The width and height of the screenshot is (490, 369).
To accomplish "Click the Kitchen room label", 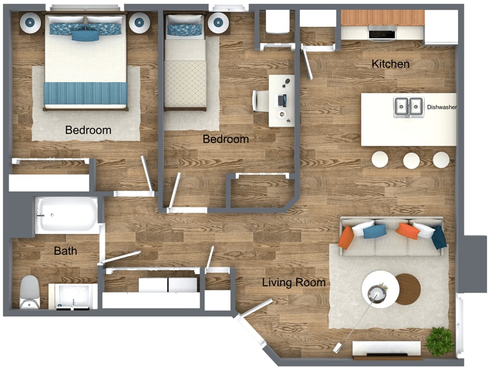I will [x=390, y=64].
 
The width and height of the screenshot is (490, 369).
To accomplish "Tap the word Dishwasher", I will [x=442, y=107].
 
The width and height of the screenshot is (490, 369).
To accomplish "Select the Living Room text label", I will [x=293, y=282].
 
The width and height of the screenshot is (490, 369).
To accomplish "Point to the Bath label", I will [x=66, y=251].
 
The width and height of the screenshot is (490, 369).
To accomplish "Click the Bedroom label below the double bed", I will [x=88, y=130].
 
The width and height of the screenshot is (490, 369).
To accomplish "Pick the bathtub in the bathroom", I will [x=67, y=215].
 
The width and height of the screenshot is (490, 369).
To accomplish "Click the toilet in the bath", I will [x=30, y=292].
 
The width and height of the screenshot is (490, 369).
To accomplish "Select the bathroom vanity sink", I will [x=72, y=296].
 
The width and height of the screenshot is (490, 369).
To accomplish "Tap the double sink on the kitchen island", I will [x=409, y=107].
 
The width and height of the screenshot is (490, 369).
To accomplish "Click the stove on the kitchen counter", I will [x=382, y=33].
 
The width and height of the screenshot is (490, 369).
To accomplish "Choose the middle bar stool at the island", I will [x=411, y=160].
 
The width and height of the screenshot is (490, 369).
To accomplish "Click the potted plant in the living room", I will [x=440, y=340].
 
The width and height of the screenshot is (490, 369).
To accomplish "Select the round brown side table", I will [x=407, y=289].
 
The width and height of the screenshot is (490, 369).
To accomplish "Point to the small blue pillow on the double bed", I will [x=85, y=35].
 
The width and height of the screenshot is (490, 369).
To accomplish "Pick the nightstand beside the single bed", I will [x=218, y=23].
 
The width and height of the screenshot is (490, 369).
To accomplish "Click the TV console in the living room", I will [x=387, y=348].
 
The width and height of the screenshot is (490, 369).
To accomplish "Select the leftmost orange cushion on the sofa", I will [x=346, y=237].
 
